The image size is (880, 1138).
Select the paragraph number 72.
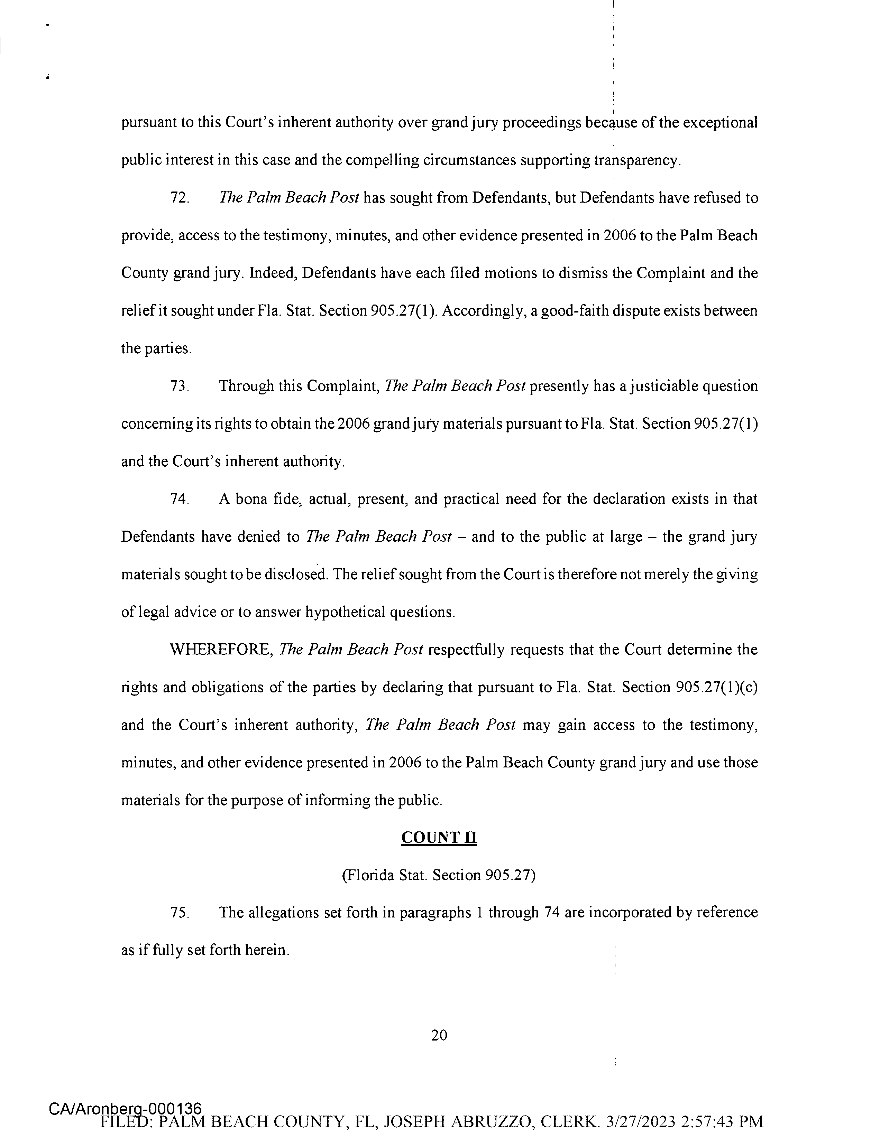point(179,198)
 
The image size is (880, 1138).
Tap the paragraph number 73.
point(179,386)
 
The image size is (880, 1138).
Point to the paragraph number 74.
point(179,499)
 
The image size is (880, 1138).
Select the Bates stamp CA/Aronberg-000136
point(125,1108)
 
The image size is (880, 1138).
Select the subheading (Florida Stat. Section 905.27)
point(439,875)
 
